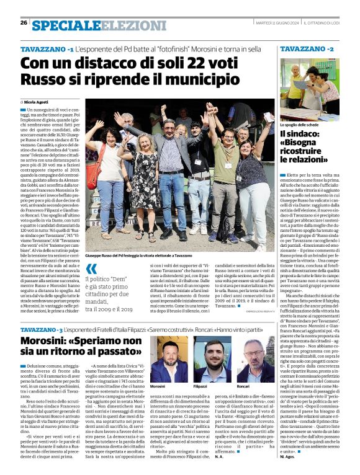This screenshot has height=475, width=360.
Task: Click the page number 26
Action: (24, 23)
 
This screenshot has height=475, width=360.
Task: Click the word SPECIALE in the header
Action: (66, 25)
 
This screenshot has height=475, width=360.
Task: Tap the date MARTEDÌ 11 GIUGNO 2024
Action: (277, 23)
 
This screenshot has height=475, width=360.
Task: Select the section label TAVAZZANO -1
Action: (47, 48)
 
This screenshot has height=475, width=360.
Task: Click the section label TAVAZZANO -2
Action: (307, 48)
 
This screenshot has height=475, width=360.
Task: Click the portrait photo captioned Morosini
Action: (168, 360)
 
